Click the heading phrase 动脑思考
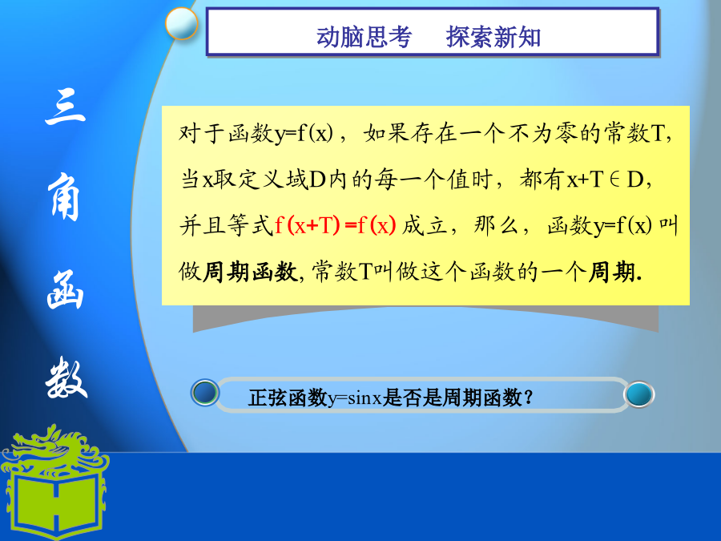pyautogui.click(x=364, y=37)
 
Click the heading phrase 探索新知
pyautogui.click(x=493, y=37)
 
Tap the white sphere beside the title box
pyautogui.click(x=181, y=23)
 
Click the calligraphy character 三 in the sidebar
pyautogui.click(x=66, y=107)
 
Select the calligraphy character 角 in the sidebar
pyautogui.click(x=64, y=197)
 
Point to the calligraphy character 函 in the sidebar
pyautogui.click(x=65, y=290)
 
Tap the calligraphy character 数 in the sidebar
pyautogui.click(x=66, y=379)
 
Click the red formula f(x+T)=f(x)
pyautogui.click(x=335, y=225)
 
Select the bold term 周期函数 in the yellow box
pyautogui.click(x=251, y=272)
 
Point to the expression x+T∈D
pyautogui.click(x=605, y=180)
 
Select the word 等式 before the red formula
pyautogui.click(x=250, y=225)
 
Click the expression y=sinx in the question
pyautogui.click(x=355, y=398)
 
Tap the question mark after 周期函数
pyautogui.click(x=529, y=397)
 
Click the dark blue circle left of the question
pyautogui.click(x=205, y=393)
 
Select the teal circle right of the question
pyautogui.click(x=638, y=394)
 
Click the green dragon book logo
pyautogui.click(x=54, y=482)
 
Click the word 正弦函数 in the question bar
pyautogui.click(x=288, y=398)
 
